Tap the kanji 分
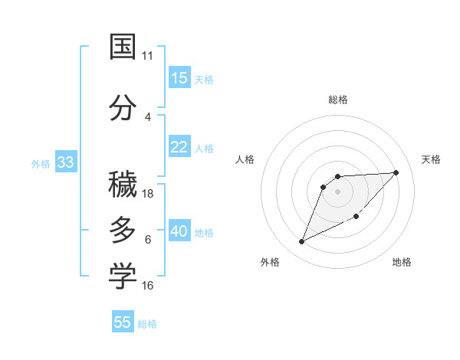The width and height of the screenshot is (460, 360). point(123,107)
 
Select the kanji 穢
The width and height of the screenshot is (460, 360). point(123,185)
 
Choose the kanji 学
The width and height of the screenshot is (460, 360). point(123,277)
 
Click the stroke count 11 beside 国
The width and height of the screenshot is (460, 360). point(148,55)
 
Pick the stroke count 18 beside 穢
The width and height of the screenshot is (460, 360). point(148,194)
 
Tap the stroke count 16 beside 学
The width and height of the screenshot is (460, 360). point(148,286)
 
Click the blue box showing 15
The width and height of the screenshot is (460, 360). point(179,78)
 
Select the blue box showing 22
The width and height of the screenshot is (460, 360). point(179,147)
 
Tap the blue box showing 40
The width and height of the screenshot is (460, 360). point(179,231)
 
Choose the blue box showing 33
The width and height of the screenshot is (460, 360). point(65,162)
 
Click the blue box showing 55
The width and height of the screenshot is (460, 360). point(123,322)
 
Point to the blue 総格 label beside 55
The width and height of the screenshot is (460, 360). point(147,324)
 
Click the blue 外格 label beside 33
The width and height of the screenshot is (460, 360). point(41,163)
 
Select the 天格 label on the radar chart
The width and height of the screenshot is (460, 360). point(432,159)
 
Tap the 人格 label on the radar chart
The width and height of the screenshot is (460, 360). point(245,159)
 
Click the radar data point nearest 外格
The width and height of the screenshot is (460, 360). point(301,242)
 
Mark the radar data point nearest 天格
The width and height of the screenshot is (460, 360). point(396,172)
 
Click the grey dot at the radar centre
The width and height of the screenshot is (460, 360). point(338,191)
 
